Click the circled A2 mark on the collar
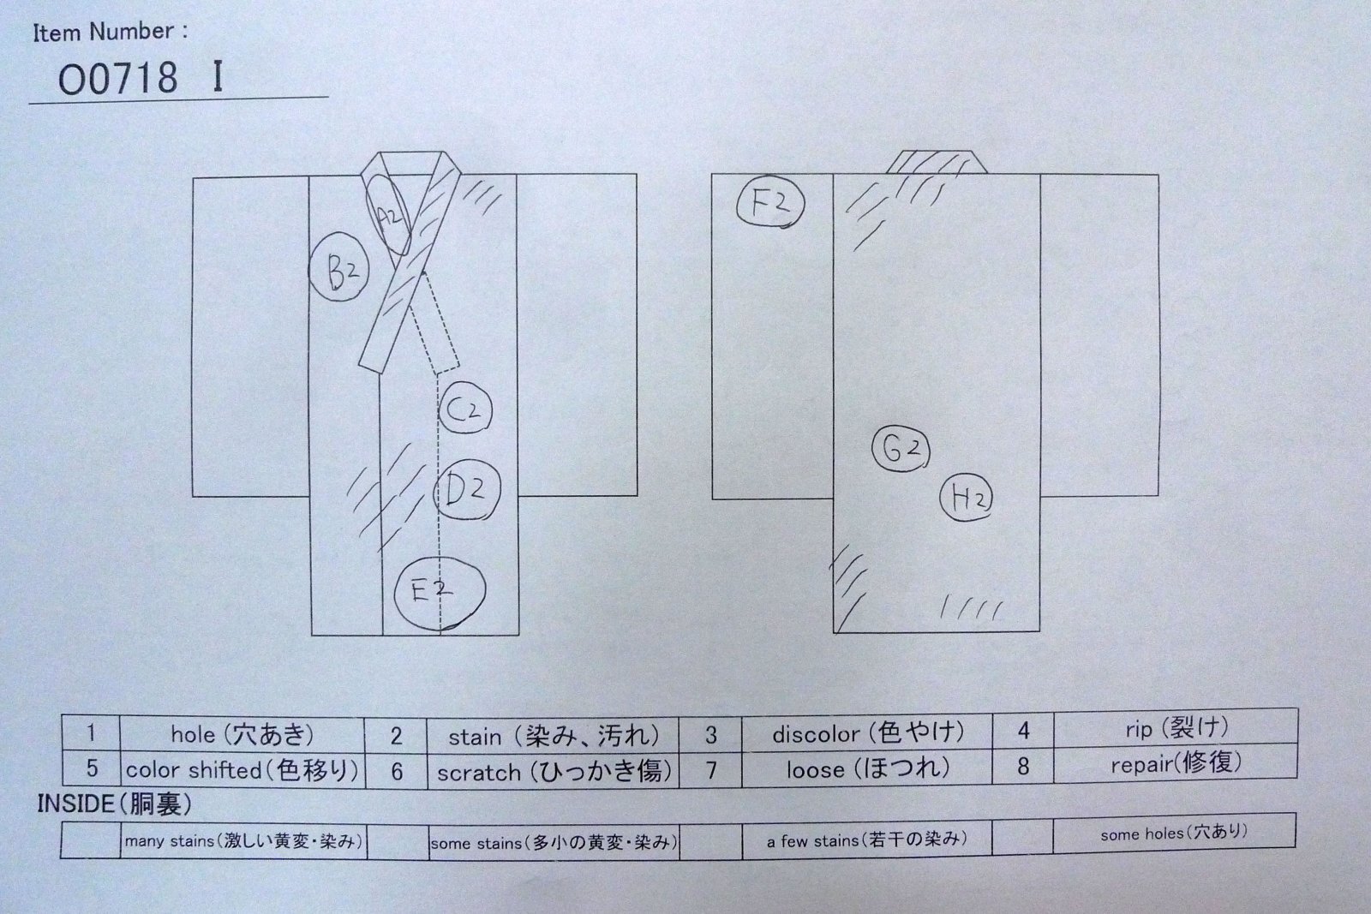pos(389,215)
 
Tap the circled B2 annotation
pos(339,267)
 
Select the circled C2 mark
pos(465,408)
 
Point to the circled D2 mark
pos(467,490)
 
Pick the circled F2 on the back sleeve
pos(770,204)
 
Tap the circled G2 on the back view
pos(901,450)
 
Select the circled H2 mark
pos(967,498)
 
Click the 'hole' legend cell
pos(242,734)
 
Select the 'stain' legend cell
pos(554,735)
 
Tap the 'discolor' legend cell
pos(866,732)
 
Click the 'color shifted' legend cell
pos(242,769)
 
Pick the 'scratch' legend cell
pos(554,771)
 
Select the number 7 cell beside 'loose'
pos(710,769)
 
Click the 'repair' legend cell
pos(1176,763)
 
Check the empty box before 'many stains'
pos(91,841)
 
